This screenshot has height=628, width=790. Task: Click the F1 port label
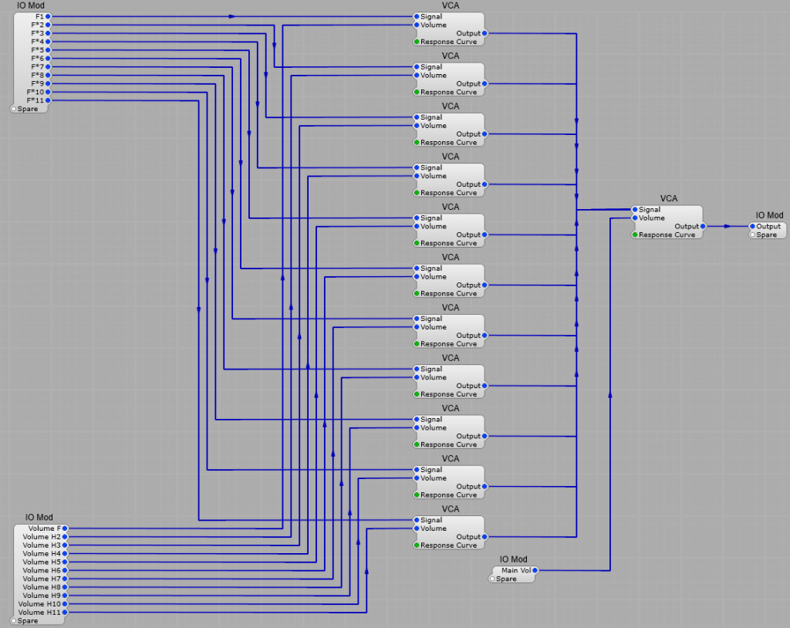(39, 16)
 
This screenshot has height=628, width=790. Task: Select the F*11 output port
(48, 100)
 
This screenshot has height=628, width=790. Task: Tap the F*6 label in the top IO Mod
(37, 59)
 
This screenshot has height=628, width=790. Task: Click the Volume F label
(42, 528)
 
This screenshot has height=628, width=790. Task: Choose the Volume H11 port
(65, 612)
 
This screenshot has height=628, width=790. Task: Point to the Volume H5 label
(42, 562)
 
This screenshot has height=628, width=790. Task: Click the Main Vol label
(516, 570)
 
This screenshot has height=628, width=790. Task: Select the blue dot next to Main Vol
(535, 570)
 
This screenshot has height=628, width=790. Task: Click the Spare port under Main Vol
(492, 579)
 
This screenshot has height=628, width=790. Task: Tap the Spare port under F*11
(14, 109)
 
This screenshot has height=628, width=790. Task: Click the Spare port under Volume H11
(14, 620)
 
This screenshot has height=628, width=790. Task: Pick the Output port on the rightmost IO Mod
(752, 226)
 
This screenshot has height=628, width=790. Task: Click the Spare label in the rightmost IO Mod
(767, 235)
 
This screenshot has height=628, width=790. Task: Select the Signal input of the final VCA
(635, 209)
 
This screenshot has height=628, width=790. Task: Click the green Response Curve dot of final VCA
(635, 235)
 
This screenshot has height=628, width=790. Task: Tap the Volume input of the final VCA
(635, 218)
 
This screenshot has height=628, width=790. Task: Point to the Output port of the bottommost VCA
(484, 536)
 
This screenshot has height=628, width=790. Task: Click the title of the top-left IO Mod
(31, 5)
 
